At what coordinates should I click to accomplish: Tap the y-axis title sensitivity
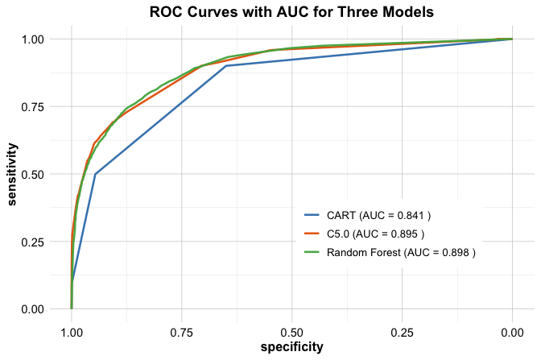(14, 174)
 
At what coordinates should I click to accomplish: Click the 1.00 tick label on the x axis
(72, 330)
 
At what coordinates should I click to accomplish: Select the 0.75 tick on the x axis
(182, 330)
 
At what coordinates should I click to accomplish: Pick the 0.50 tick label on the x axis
(291, 330)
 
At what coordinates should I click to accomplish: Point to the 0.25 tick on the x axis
(402, 330)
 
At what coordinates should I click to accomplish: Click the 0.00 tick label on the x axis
(512, 330)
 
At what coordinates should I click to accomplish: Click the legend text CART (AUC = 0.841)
(378, 216)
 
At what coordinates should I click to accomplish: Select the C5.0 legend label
(375, 234)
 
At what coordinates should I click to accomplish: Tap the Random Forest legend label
(401, 253)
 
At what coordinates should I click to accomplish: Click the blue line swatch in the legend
(312, 216)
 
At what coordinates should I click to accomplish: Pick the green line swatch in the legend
(312, 253)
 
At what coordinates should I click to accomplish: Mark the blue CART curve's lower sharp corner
(96, 174)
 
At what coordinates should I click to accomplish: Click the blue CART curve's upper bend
(226, 66)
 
